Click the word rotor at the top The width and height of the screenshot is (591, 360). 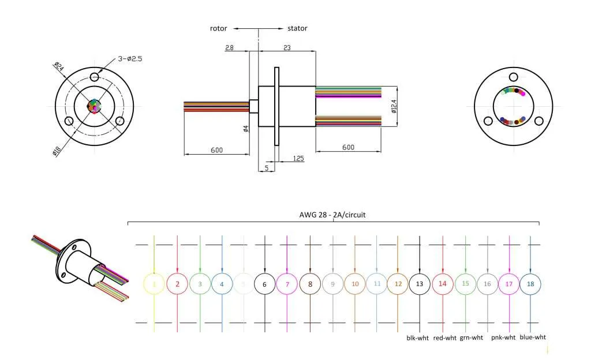[x=218, y=28]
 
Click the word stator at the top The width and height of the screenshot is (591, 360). [x=297, y=28]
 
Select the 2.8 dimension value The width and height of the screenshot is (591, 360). [x=230, y=48]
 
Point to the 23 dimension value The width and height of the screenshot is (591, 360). [x=287, y=48]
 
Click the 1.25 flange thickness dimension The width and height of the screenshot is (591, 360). [x=298, y=158]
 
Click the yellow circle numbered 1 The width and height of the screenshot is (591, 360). [x=154, y=284]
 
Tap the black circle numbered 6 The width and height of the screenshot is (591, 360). [x=264, y=284]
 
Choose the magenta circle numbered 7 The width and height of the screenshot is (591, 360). [x=287, y=284]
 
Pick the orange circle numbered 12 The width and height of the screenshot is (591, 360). [x=398, y=284]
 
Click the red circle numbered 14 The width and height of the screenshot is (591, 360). [x=443, y=284]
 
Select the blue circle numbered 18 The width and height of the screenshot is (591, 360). [x=530, y=284]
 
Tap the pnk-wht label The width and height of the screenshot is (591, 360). [x=504, y=337]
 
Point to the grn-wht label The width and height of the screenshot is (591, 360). [x=471, y=337]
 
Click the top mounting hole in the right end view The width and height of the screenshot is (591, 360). [x=512, y=77]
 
